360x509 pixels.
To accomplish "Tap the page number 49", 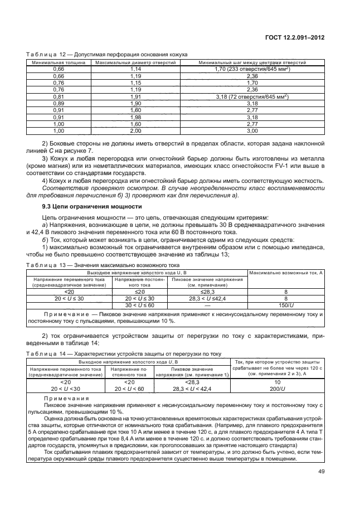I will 322,472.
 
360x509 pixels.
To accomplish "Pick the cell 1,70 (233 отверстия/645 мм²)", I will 252,69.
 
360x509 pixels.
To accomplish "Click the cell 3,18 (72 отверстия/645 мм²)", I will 252,96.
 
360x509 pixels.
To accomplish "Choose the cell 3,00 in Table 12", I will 252,130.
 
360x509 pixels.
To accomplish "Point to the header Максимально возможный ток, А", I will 286,272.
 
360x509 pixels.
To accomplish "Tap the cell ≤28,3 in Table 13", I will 207,291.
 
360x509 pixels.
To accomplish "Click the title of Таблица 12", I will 106,54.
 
